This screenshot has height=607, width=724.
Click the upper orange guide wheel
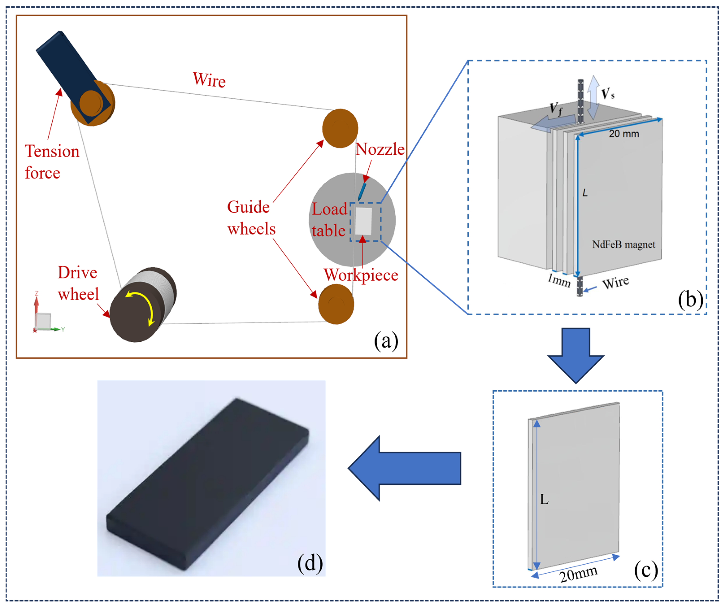(x=340, y=128)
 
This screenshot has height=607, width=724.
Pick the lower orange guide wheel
(x=336, y=304)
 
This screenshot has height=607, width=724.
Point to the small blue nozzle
(x=362, y=191)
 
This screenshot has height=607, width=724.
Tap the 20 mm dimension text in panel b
(x=624, y=134)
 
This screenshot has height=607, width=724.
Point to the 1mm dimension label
(x=559, y=280)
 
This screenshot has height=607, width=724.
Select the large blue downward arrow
(x=576, y=356)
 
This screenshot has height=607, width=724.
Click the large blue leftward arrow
(x=404, y=468)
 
